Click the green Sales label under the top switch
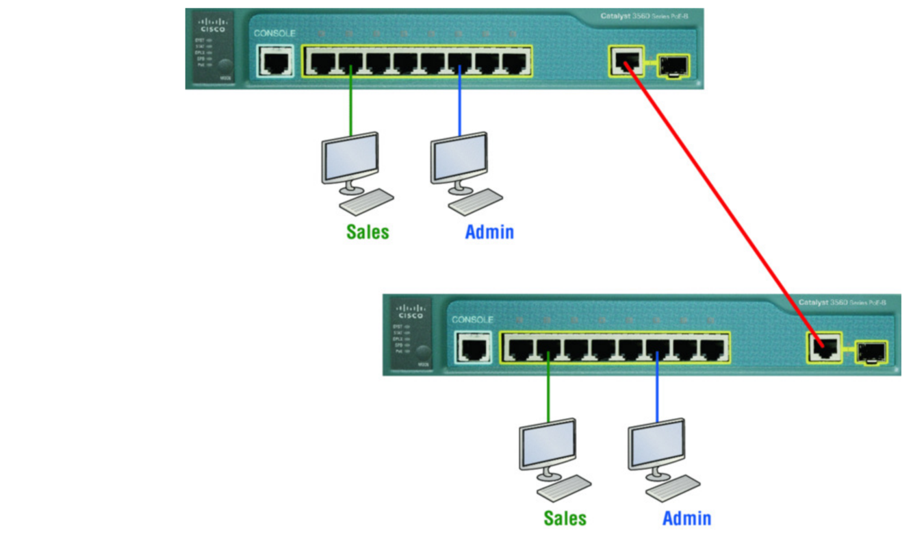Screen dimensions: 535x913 (368, 232)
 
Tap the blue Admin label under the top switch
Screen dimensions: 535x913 (489, 232)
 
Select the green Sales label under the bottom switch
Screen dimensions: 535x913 (565, 518)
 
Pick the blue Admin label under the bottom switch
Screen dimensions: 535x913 (686, 518)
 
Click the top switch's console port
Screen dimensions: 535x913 (276, 62)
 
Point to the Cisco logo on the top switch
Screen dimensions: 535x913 (209, 25)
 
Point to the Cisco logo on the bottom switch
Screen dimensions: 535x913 (411, 311)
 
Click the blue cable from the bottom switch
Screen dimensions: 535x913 (657, 387)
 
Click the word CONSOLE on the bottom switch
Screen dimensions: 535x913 (472, 319)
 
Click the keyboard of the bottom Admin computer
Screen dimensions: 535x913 (673, 488)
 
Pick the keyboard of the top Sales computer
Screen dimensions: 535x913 (366, 201)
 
